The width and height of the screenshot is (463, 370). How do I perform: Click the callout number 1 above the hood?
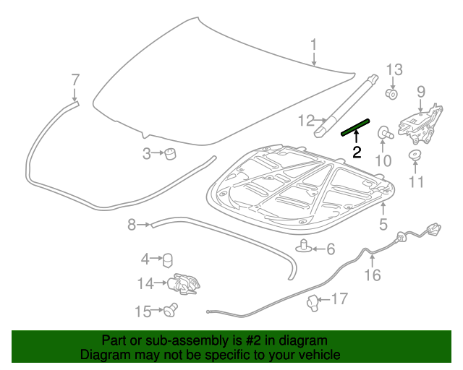tap(314, 46)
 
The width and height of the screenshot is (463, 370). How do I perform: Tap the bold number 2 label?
tap(356, 152)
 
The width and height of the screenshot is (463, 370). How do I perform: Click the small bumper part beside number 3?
tap(171, 153)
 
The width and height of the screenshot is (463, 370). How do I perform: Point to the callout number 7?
tap(75, 79)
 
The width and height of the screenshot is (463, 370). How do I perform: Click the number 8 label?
tap(131, 225)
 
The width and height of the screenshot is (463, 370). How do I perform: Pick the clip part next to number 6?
tap(305, 247)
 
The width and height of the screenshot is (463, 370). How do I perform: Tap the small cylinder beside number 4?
tap(166, 259)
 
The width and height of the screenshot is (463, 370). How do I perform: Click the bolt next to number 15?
tap(171, 311)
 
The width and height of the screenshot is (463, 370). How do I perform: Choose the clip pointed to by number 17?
tap(313, 303)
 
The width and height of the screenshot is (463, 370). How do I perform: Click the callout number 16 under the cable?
tap(371, 275)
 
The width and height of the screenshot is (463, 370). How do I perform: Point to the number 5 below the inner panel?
tap(383, 225)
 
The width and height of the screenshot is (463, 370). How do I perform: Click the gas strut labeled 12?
tap(347, 105)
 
